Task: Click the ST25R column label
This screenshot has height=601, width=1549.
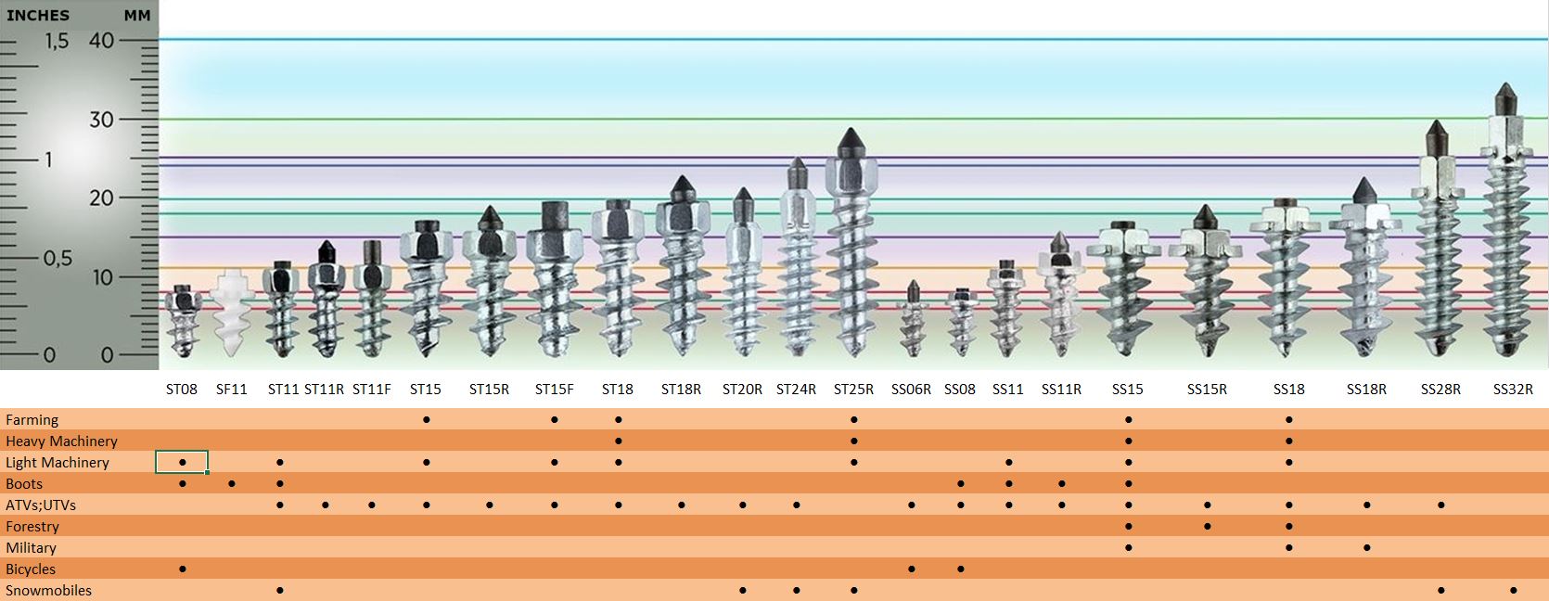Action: tap(853, 390)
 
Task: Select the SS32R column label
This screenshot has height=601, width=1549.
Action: tap(1513, 390)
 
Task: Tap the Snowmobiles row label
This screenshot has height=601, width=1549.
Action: tap(48, 591)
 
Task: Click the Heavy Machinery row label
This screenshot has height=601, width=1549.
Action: tap(61, 441)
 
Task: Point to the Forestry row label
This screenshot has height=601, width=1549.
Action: tap(32, 526)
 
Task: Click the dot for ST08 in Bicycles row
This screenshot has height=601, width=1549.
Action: tap(183, 569)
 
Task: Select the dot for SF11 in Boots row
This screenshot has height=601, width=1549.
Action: tap(232, 483)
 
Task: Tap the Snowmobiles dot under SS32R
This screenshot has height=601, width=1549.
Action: tap(1514, 591)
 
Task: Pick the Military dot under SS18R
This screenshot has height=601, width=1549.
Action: tap(1367, 548)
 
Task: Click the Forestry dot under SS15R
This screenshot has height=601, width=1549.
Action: tap(1208, 526)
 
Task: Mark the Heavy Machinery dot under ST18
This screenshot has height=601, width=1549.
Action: tap(619, 441)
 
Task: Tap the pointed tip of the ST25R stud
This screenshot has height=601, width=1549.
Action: tap(851, 129)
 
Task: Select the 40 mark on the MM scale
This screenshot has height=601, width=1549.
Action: tap(101, 40)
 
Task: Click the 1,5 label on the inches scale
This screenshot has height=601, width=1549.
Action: tap(58, 42)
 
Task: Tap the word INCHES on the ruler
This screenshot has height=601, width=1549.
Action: tap(38, 15)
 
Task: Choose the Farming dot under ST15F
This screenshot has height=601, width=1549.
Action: tap(555, 420)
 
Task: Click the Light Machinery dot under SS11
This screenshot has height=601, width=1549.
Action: tap(1009, 462)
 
